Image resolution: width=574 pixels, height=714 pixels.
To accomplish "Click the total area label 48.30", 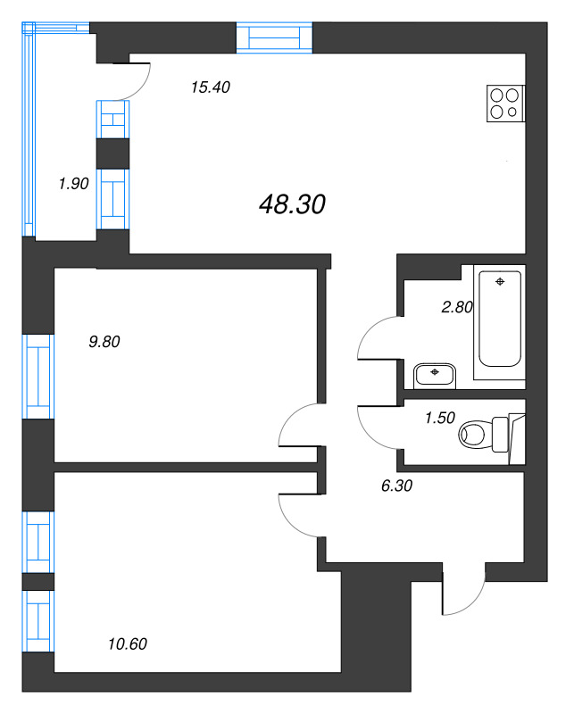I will pyautogui.click(x=292, y=204).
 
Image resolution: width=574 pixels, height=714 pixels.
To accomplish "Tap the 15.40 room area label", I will pyautogui.click(x=211, y=87).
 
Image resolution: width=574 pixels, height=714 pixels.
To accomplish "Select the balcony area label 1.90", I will pyautogui.click(x=73, y=184).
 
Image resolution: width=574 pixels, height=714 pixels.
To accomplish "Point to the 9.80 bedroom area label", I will pyautogui.click(x=104, y=340).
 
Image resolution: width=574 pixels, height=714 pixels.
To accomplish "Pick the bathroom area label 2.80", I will pyautogui.click(x=456, y=307).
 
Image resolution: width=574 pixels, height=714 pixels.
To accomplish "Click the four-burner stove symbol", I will pyautogui.click(x=504, y=103).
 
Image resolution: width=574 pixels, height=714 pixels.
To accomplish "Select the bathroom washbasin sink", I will pyautogui.click(x=435, y=373).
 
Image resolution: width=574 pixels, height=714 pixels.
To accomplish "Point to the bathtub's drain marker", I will pyautogui.click(x=500, y=282).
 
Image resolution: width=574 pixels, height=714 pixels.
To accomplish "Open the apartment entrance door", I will pyautogui.click(x=462, y=592).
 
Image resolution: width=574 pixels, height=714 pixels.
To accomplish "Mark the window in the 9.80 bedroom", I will pyautogui.click(x=38, y=376).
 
